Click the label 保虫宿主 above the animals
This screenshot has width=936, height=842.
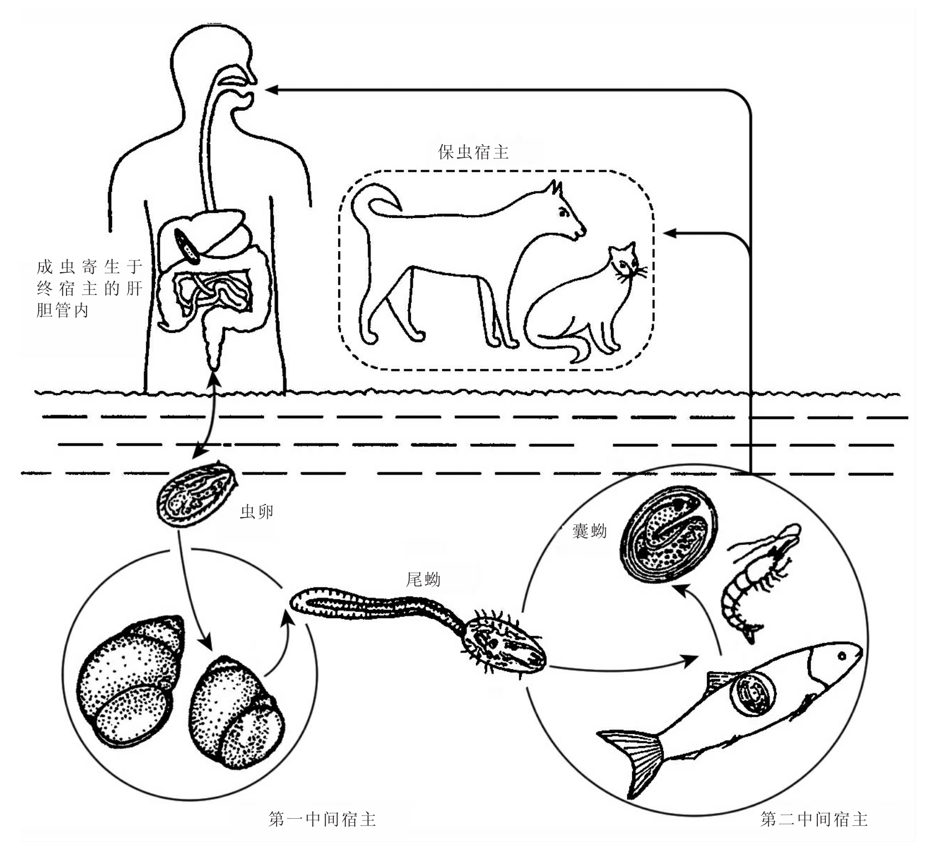coord(473,152)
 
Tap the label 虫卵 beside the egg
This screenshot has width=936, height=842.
coord(256,511)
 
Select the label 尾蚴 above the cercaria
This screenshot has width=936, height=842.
coord(423,579)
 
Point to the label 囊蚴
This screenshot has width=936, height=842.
coord(589,532)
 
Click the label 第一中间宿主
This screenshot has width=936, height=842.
coord(322,819)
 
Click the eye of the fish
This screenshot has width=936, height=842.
coord(842,656)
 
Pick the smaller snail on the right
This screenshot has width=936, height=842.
coord(236,715)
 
